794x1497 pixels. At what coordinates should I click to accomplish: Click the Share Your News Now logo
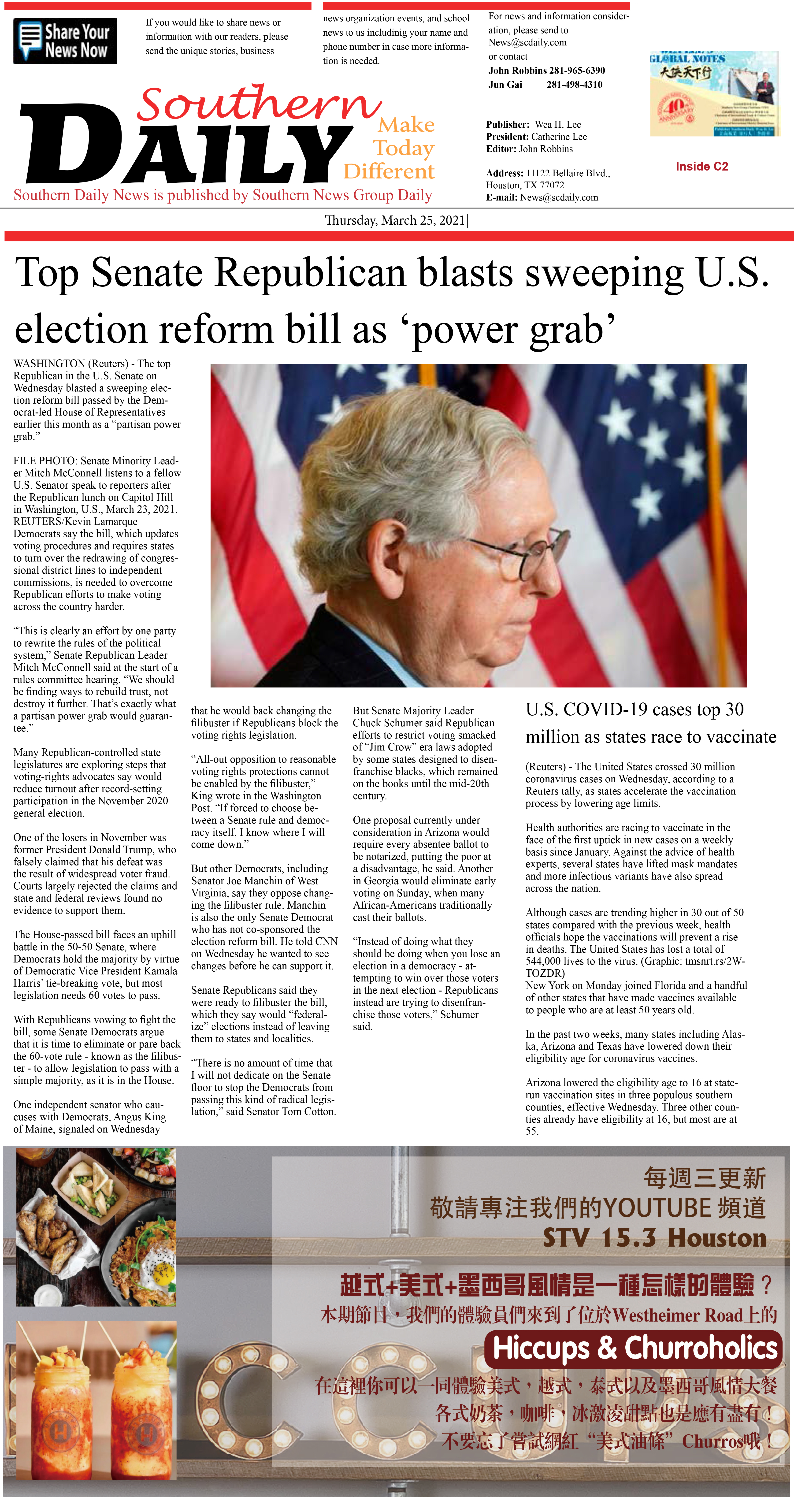[x=65, y=41]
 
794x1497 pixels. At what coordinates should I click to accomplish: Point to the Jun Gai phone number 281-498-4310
[x=574, y=84]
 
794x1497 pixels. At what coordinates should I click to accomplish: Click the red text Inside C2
[x=701, y=166]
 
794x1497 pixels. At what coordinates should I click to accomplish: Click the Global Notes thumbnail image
[x=714, y=94]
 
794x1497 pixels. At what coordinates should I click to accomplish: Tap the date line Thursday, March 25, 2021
[x=395, y=220]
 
